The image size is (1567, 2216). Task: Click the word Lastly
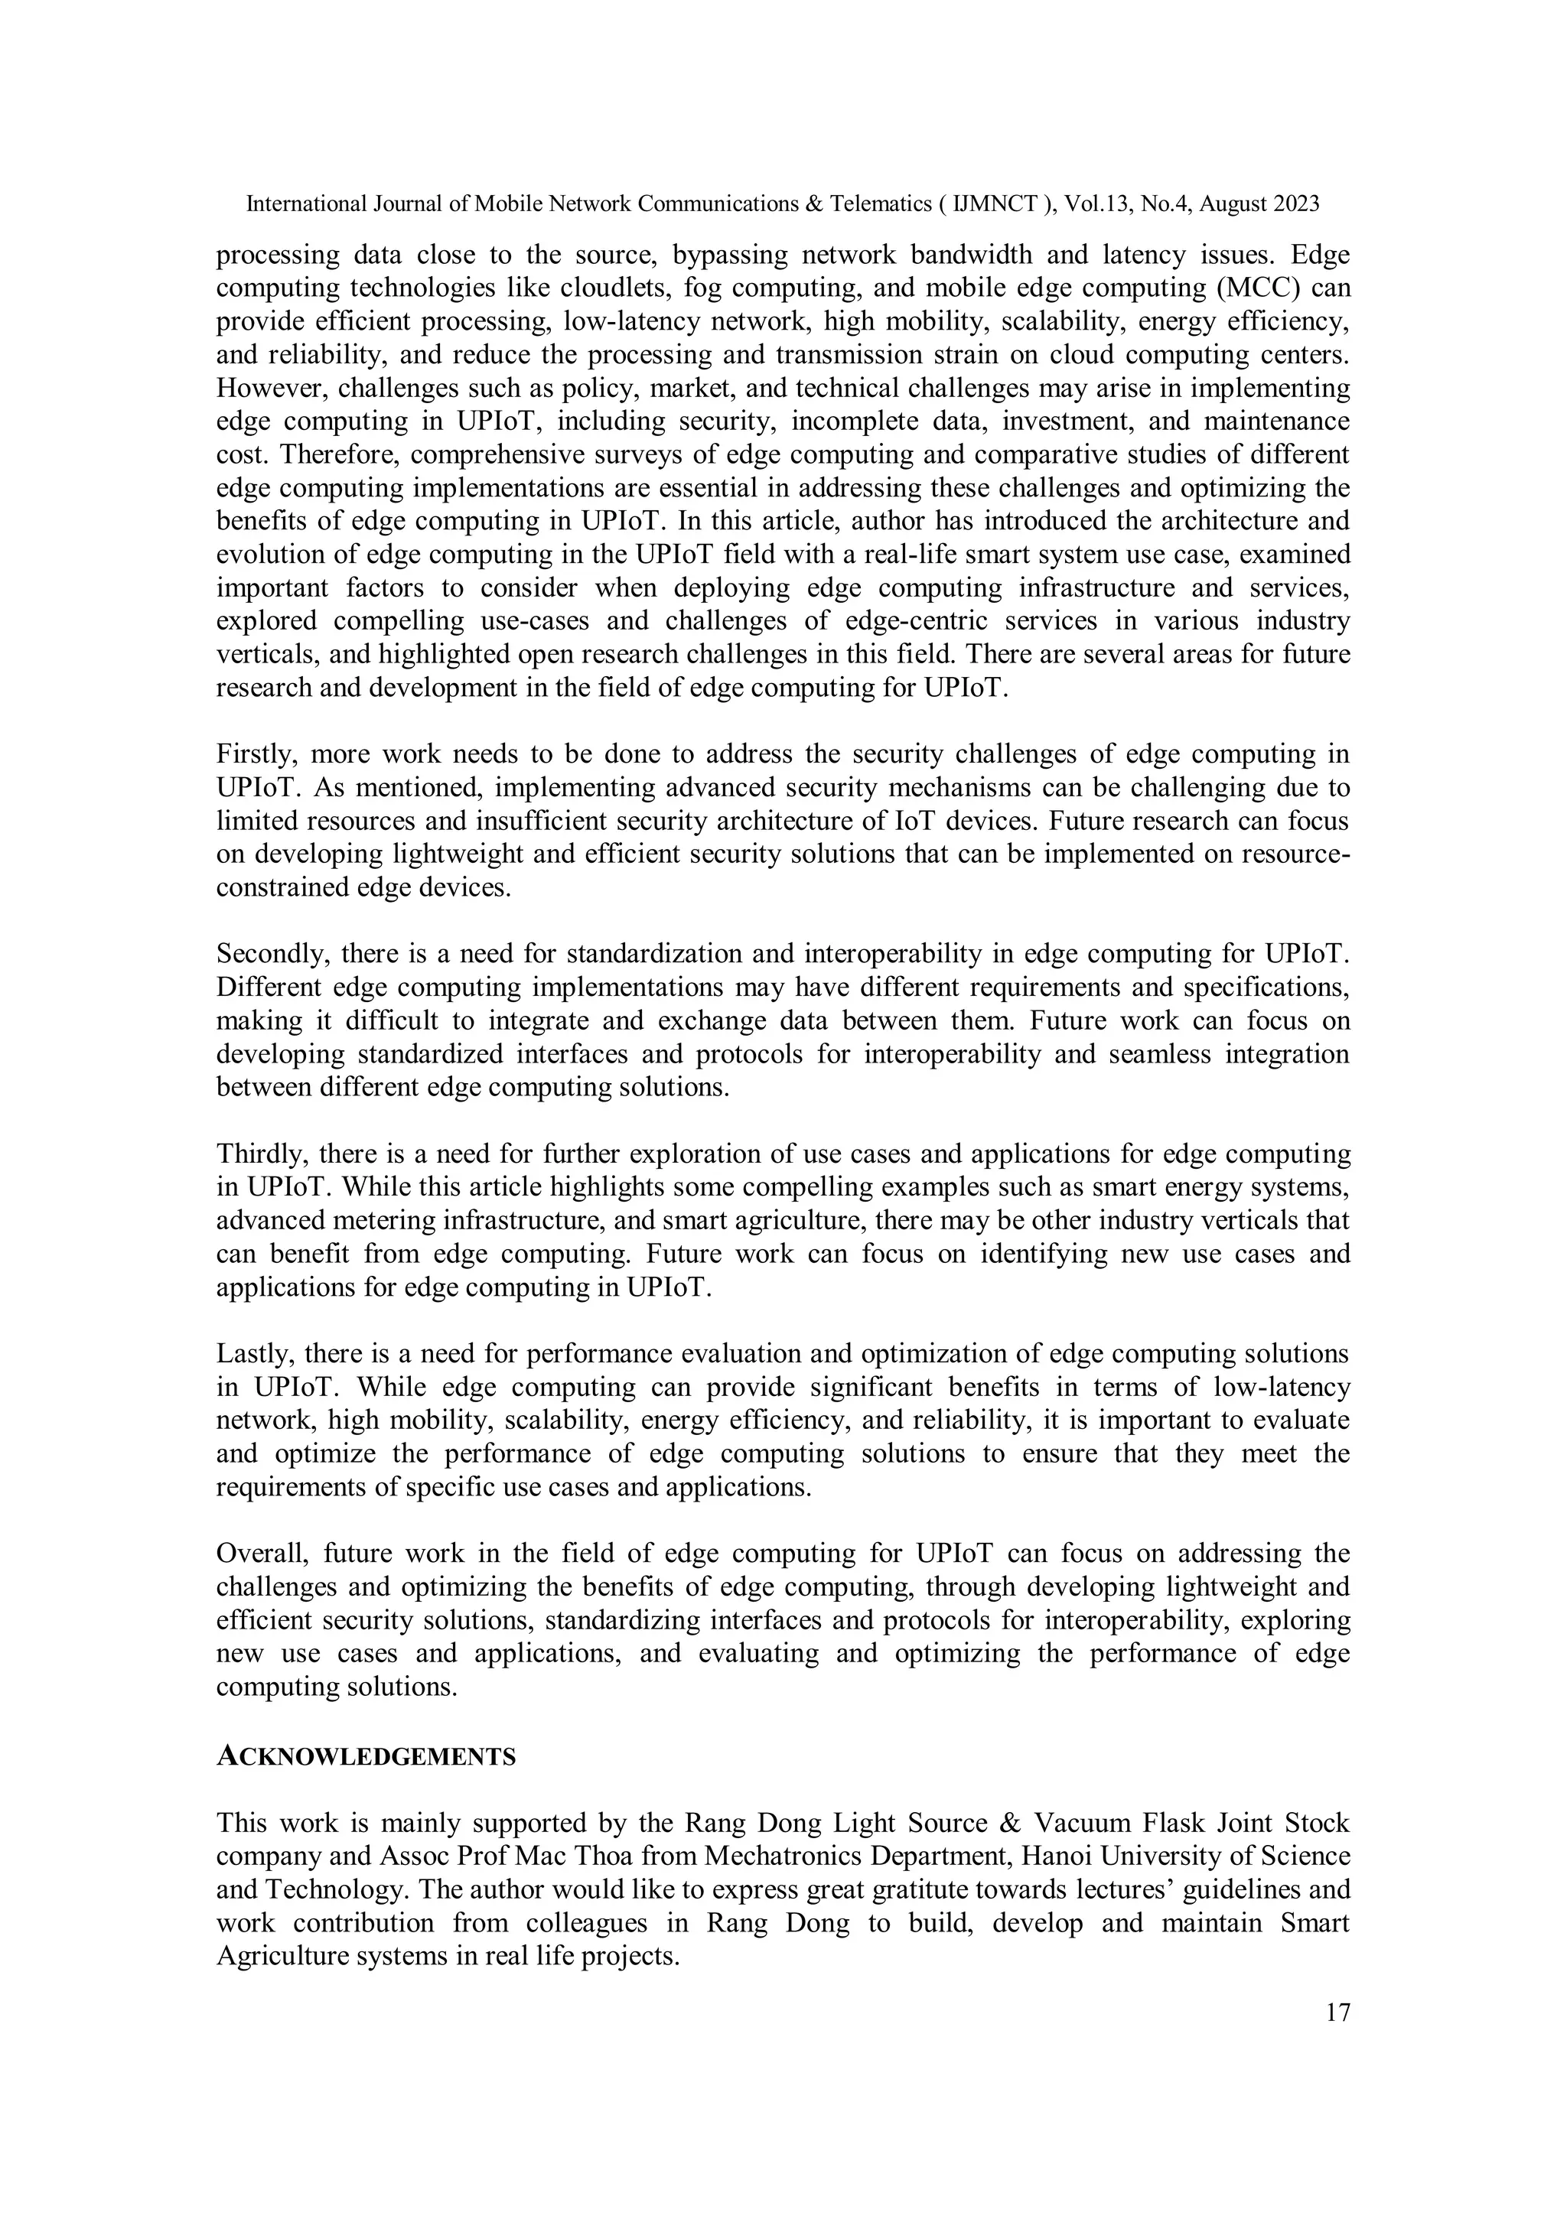252,1354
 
